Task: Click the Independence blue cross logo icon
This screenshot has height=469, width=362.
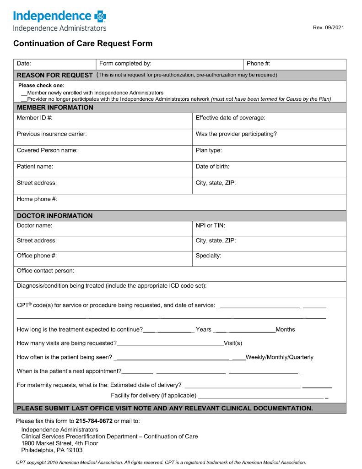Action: tap(100, 17)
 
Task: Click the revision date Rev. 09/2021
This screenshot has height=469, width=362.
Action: tap(328, 28)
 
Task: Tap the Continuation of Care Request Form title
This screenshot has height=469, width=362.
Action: tap(83, 44)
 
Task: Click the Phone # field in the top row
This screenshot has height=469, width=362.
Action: tap(307, 64)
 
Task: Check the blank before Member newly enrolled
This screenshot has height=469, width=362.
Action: tap(24, 93)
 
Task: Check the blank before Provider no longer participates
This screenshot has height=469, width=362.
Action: tap(24, 98)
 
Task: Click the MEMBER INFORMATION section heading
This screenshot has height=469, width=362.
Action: tap(55, 108)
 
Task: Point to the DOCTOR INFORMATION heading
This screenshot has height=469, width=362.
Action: tap(54, 216)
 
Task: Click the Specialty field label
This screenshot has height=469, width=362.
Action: tap(208, 256)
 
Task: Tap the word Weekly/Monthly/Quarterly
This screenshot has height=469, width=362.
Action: tap(280, 357)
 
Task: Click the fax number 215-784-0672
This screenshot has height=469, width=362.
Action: tap(94, 421)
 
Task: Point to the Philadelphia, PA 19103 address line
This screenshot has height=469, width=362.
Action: tap(52, 450)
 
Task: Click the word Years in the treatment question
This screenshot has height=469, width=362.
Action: tap(204, 329)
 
